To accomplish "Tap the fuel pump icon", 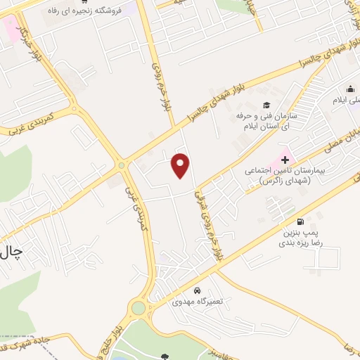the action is point(301,221).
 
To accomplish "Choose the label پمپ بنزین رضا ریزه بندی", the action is point(302,237).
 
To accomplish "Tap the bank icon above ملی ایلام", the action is point(350,89).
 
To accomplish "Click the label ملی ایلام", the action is point(347,101).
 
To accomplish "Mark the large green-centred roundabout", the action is point(139,307).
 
